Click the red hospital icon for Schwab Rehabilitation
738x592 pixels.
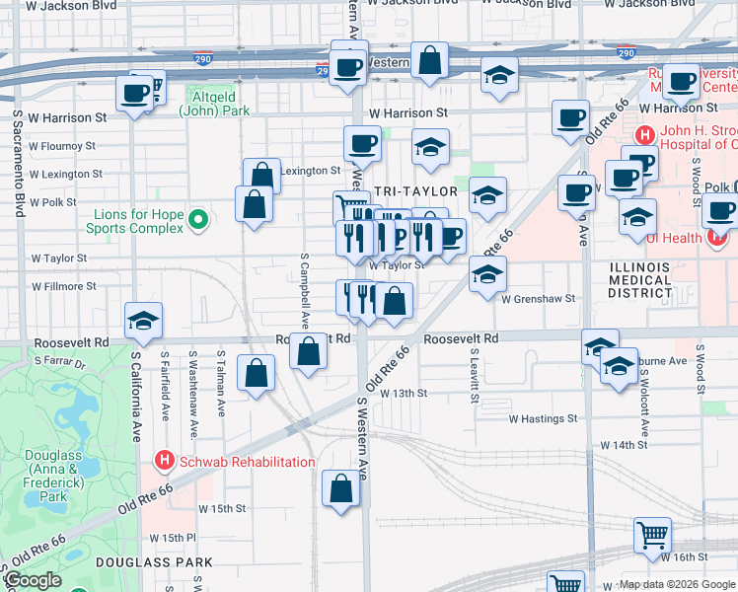[x=165, y=461]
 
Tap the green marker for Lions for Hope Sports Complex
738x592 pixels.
[x=197, y=218]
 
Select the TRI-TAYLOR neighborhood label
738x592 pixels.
[x=414, y=191]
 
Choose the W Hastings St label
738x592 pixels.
[x=543, y=418]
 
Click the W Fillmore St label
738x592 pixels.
[x=64, y=286]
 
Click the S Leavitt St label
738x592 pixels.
[x=475, y=375]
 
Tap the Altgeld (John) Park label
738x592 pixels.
[x=214, y=105]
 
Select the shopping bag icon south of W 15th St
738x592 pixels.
[x=341, y=488]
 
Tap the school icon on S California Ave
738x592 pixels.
[x=144, y=321]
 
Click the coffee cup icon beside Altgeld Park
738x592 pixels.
[x=135, y=95]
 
